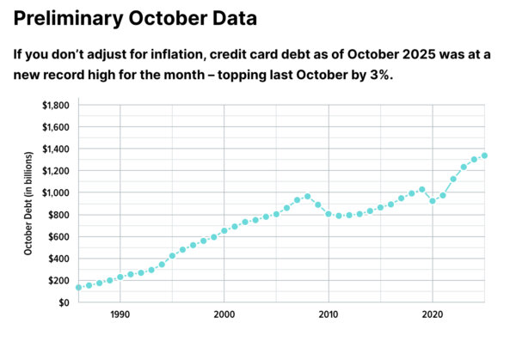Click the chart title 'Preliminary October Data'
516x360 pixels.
[x=135, y=16]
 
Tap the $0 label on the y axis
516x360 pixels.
[x=63, y=302]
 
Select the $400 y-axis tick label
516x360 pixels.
[x=58, y=259]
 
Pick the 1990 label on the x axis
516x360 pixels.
[x=120, y=316]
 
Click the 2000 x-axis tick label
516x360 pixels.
[x=224, y=316]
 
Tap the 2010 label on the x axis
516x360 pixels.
[x=328, y=316]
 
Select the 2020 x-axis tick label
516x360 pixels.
[x=432, y=316]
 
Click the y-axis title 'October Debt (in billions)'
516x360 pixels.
[x=28, y=203]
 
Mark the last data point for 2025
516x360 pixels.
[x=484, y=156]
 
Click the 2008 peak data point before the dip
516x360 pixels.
[x=307, y=197]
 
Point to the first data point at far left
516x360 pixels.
[x=78, y=287]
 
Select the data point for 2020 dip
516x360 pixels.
[x=433, y=200]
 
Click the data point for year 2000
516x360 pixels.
[x=224, y=230]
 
